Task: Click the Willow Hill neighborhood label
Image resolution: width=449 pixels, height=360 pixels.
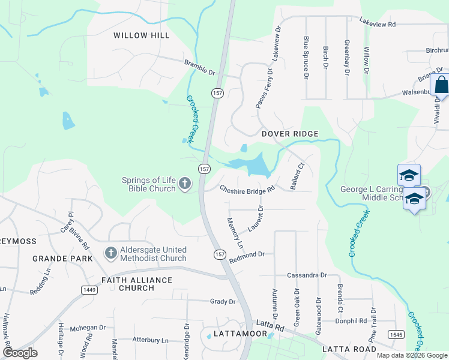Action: pos(142,35)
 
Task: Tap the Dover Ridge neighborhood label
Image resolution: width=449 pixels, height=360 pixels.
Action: pos(289,133)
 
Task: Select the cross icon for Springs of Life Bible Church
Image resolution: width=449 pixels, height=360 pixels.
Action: pos(185,184)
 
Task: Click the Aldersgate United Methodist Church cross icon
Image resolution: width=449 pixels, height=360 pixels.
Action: pos(110,253)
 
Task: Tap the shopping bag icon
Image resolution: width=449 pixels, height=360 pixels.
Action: pos(441,85)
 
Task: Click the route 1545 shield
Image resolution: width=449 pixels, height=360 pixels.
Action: pos(396,334)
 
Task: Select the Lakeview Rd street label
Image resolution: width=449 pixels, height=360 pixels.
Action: pos(378,24)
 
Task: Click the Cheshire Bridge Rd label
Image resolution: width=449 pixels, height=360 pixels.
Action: pos(247,190)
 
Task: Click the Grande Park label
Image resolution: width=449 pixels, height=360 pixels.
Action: pos(62,259)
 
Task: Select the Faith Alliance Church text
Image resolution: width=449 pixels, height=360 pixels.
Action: pos(137,284)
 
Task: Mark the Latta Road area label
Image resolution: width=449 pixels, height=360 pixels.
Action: pos(349,349)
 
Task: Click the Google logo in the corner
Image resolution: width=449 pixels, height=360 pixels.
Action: pos(20,352)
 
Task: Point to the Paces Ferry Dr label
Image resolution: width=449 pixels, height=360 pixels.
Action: pos(264,89)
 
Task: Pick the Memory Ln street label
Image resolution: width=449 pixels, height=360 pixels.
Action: pos(234,233)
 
